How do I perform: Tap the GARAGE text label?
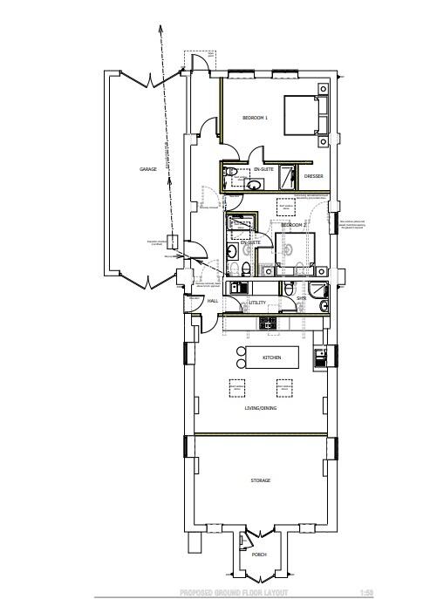pyautogui.click(x=148, y=169)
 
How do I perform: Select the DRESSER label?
pyautogui.click(x=314, y=176)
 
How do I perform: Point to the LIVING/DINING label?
pyautogui.click(x=261, y=407)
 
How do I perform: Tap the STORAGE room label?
pyautogui.click(x=261, y=480)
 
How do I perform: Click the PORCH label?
pyautogui.click(x=258, y=555)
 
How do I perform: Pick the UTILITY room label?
pyautogui.click(x=256, y=302)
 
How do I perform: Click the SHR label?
pyautogui.click(x=301, y=298)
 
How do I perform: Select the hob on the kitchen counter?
pyautogui.click(x=269, y=323)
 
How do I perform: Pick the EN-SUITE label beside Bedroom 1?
pyautogui.click(x=265, y=167)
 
